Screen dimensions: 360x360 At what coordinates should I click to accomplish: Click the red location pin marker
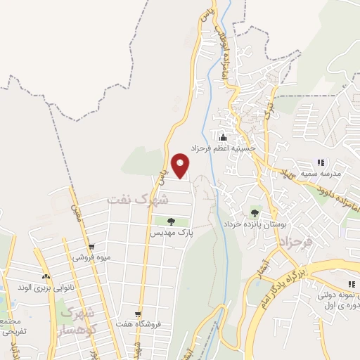181,165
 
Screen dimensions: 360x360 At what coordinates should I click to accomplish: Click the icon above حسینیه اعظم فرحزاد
224,137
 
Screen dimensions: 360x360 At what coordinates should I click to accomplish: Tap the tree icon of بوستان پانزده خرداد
254,212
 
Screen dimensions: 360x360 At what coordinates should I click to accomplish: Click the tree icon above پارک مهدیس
162,221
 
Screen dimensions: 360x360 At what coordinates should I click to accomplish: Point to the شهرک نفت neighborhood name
138,200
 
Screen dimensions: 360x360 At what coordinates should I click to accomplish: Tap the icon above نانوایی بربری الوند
46,276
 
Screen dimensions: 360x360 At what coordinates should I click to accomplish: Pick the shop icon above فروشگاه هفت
139,314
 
